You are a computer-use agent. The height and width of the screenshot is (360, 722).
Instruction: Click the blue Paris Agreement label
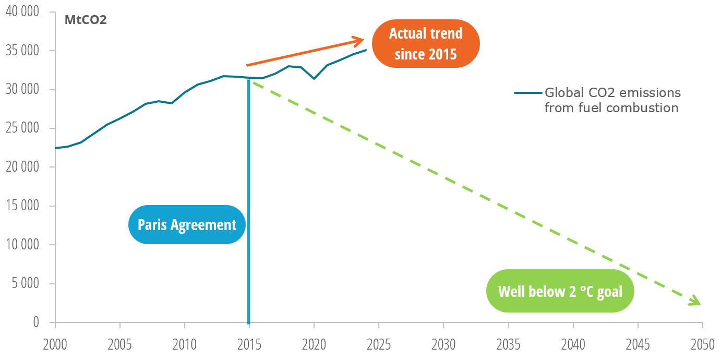point(187,225)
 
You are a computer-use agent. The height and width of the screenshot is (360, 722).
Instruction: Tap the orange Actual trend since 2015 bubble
point(426,43)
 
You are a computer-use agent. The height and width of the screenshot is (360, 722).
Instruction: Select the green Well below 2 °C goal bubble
point(560,291)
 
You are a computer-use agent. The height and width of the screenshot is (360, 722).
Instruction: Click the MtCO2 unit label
point(86,21)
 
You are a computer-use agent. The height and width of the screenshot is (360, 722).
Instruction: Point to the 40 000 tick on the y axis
point(22,12)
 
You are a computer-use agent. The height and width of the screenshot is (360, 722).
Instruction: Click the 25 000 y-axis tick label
point(22,128)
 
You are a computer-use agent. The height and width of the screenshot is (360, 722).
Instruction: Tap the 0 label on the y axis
point(36,322)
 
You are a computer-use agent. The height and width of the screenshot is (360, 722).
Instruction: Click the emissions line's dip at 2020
point(314,79)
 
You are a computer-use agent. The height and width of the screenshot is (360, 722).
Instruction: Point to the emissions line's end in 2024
point(367,50)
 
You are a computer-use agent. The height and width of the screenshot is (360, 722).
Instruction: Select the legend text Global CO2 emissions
point(612,93)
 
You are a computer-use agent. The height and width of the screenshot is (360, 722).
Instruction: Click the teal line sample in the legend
point(528,93)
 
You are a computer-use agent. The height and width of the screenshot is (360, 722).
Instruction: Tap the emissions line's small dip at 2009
point(172,103)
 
